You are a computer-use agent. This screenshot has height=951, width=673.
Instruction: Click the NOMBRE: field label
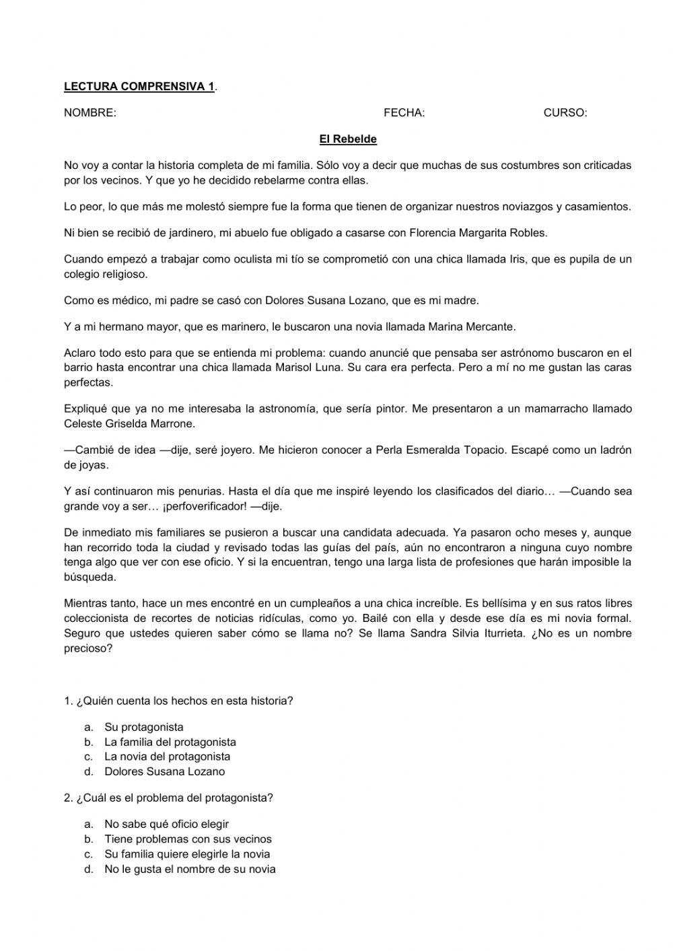(90, 113)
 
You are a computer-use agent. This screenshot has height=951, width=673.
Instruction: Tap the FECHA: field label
(404, 113)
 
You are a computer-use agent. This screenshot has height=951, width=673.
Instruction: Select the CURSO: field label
(565, 113)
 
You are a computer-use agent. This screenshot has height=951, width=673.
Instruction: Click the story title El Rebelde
(348, 139)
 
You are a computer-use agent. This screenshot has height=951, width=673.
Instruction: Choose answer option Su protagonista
(144, 727)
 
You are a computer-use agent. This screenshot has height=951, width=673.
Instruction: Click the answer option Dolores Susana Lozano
(164, 771)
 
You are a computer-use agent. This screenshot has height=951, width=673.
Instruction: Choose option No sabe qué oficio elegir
(166, 824)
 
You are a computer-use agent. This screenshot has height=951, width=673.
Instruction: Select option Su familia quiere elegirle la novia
(187, 854)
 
